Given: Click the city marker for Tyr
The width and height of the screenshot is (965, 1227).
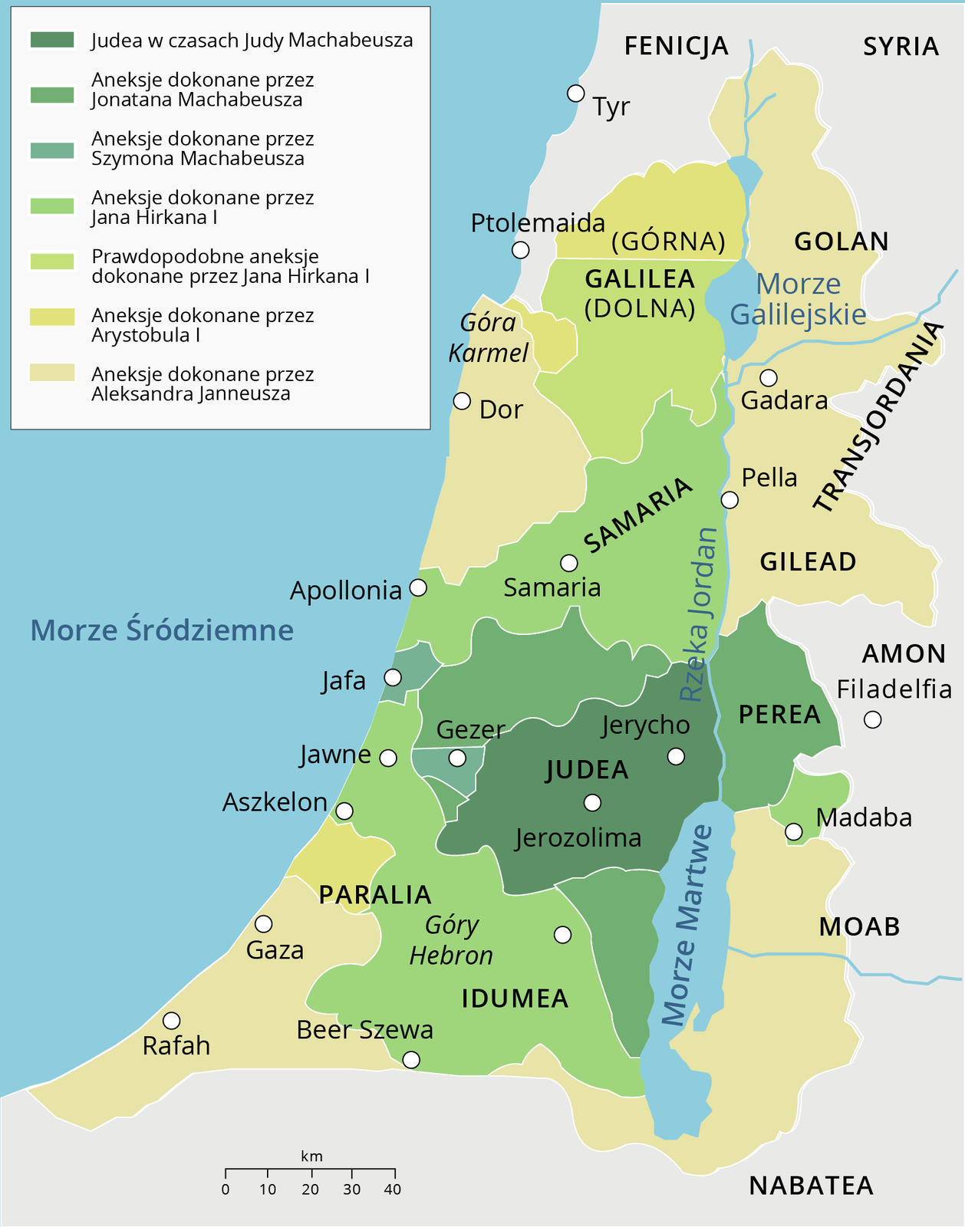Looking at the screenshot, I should tap(575, 93).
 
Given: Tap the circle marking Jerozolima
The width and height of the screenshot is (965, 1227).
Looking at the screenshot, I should tap(592, 803).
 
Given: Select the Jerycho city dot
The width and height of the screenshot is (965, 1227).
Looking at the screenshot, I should tap(676, 757).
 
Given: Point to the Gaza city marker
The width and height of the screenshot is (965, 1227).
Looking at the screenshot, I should tap(264, 923).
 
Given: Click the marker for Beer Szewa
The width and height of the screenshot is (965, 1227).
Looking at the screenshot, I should tap(411, 1060).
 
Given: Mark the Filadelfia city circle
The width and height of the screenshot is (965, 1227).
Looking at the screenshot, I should tap(872, 719).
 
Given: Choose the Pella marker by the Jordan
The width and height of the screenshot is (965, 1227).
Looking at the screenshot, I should tap(730, 500).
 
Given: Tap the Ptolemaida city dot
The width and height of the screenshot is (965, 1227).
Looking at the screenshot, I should tap(520, 250).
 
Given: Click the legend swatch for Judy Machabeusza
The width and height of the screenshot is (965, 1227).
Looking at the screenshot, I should tap(52, 40).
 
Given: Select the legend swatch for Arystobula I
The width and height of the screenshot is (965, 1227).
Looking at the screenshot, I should tap(52, 317).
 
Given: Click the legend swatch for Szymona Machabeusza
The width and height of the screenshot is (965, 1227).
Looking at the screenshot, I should tap(52, 150).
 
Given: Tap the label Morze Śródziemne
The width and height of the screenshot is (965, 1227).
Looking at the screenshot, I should tap(162, 630).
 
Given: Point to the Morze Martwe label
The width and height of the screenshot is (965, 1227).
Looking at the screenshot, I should tap(687, 926).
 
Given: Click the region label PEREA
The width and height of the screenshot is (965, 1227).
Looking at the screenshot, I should tap(779, 715).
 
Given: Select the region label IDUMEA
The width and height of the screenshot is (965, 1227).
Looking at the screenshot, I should tap(515, 998).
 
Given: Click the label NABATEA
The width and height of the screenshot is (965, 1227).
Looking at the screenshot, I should tap(811, 1186).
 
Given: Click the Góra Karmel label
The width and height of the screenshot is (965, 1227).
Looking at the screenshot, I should tap(489, 337).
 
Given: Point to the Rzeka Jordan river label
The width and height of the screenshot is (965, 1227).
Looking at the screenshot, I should tap(700, 613).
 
